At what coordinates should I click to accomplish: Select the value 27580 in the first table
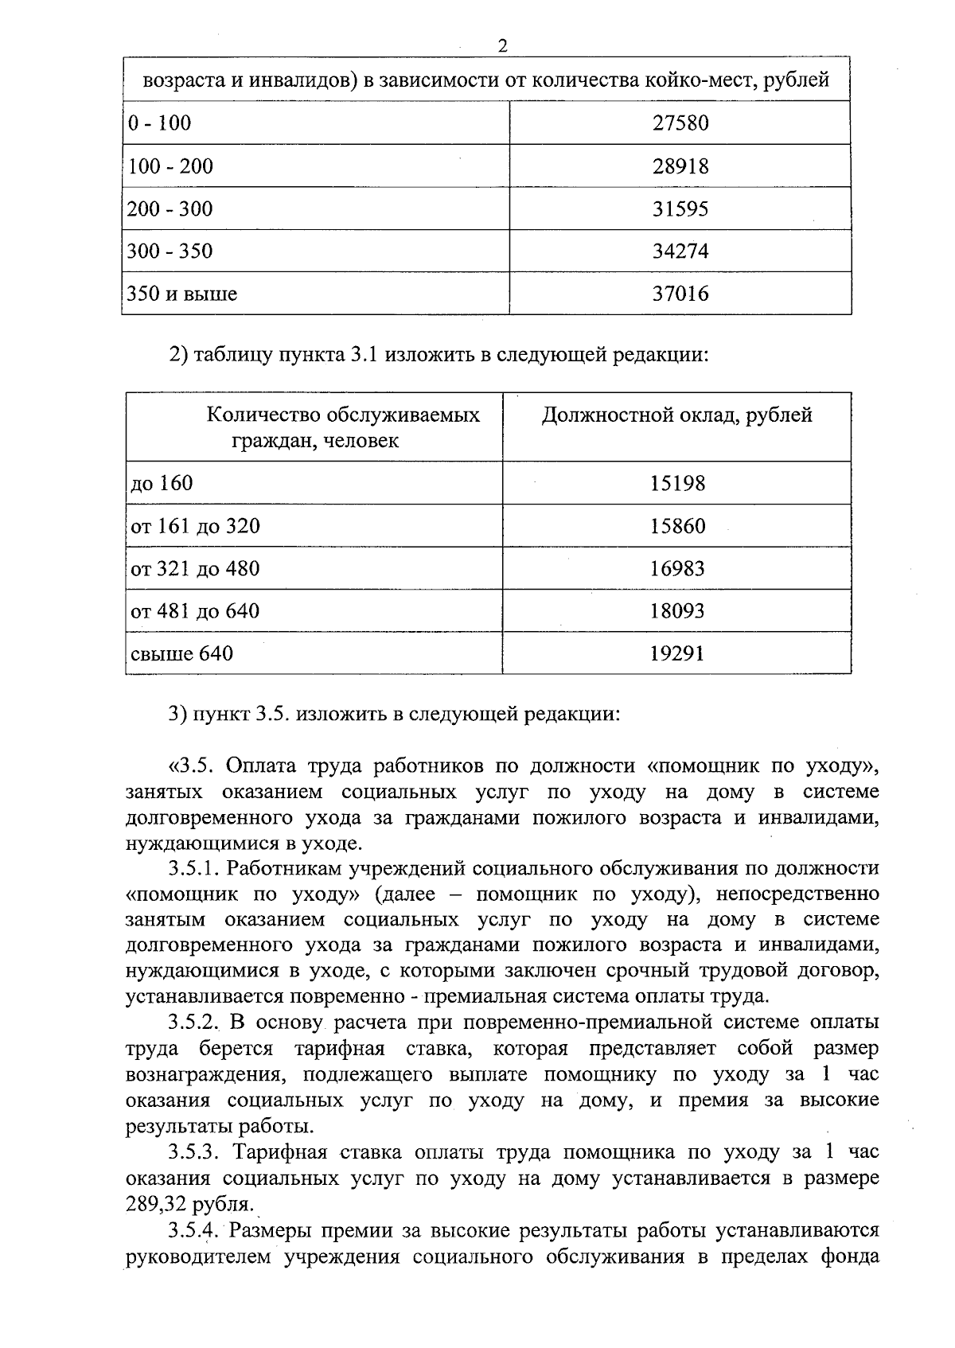point(680,123)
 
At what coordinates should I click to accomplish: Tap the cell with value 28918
point(680,166)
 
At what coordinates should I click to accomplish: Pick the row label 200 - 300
point(170,209)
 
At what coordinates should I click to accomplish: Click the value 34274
point(680,251)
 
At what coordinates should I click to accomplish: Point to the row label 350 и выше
point(182,294)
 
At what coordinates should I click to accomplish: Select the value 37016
point(680,294)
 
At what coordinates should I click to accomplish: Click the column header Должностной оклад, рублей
point(677,415)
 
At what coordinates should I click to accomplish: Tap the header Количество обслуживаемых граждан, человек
point(343,427)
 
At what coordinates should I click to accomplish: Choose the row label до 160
point(162,484)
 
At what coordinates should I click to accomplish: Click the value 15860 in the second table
point(677,527)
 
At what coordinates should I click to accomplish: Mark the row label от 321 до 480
point(195,569)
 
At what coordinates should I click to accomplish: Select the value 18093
point(677,612)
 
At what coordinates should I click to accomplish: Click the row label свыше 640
point(182,654)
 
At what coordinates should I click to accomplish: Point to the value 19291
point(677,654)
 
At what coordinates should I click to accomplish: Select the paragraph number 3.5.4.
point(193,1231)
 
